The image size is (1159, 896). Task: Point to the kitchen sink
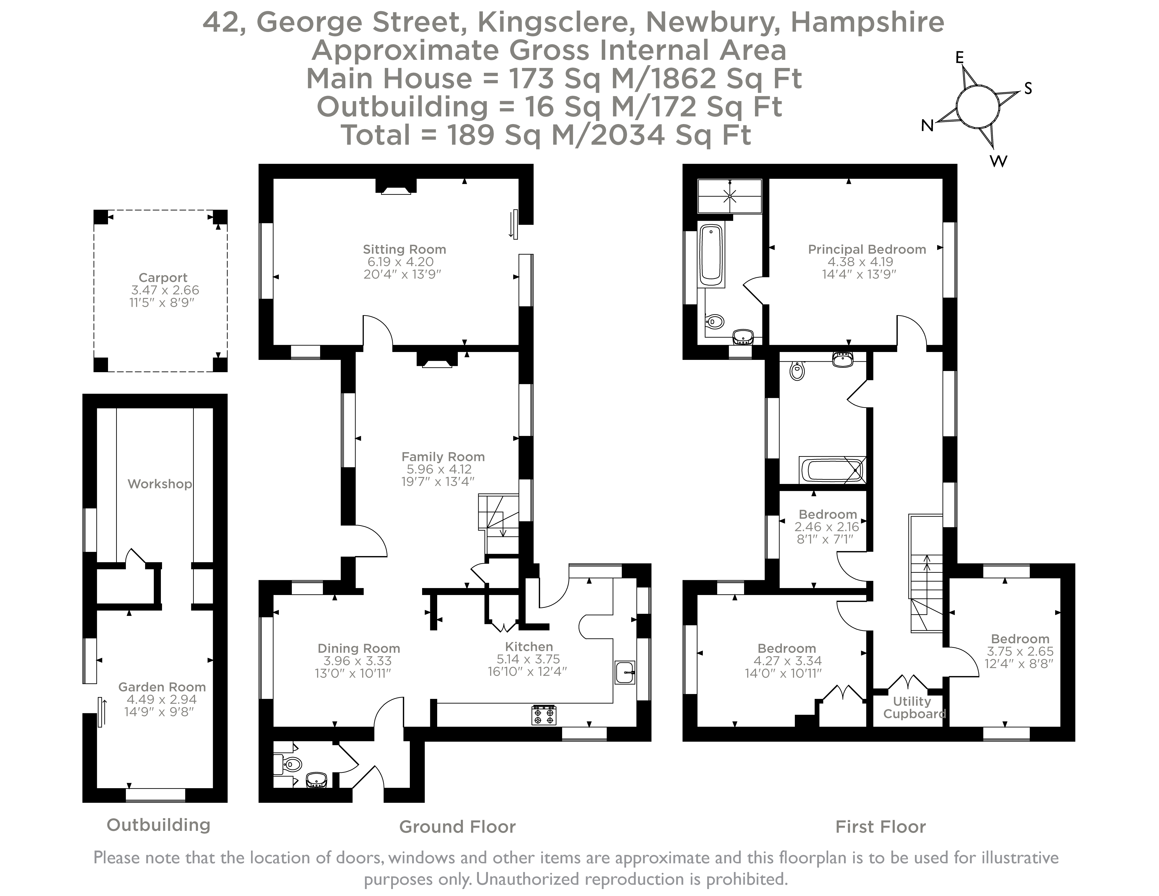pyautogui.click(x=625, y=672)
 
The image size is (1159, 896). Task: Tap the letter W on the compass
pyautogui.click(x=998, y=161)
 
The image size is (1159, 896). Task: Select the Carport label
pyautogui.click(x=163, y=278)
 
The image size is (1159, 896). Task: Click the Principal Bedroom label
pyautogui.click(x=867, y=250)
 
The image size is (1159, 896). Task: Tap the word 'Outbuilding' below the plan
pyautogui.click(x=159, y=825)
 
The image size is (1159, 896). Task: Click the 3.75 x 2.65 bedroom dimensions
pyautogui.click(x=1020, y=651)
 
